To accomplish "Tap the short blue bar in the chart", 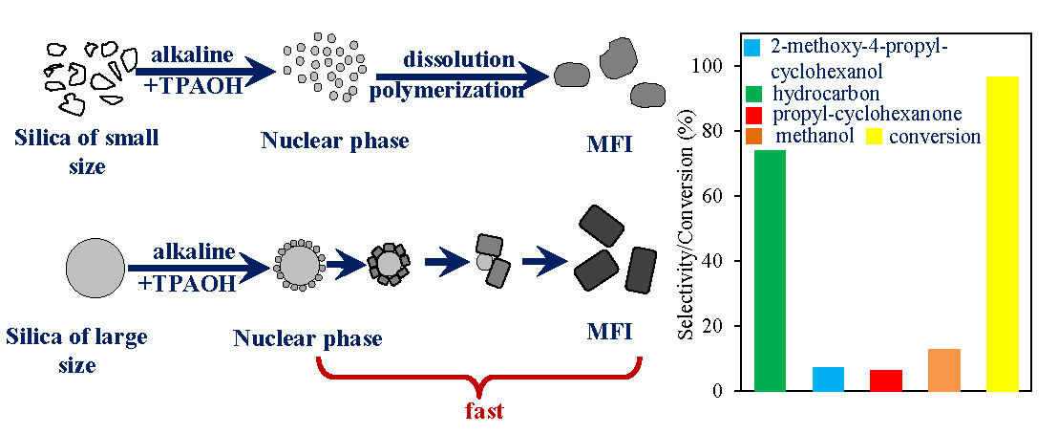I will (828, 379).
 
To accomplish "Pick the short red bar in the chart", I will (885, 380).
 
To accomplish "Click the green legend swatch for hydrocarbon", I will (752, 94).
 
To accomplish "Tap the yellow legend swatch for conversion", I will (874, 137).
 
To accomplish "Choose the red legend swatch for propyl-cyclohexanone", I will (752, 115).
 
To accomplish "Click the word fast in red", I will (483, 412).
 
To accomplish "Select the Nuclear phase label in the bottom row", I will (307, 337).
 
